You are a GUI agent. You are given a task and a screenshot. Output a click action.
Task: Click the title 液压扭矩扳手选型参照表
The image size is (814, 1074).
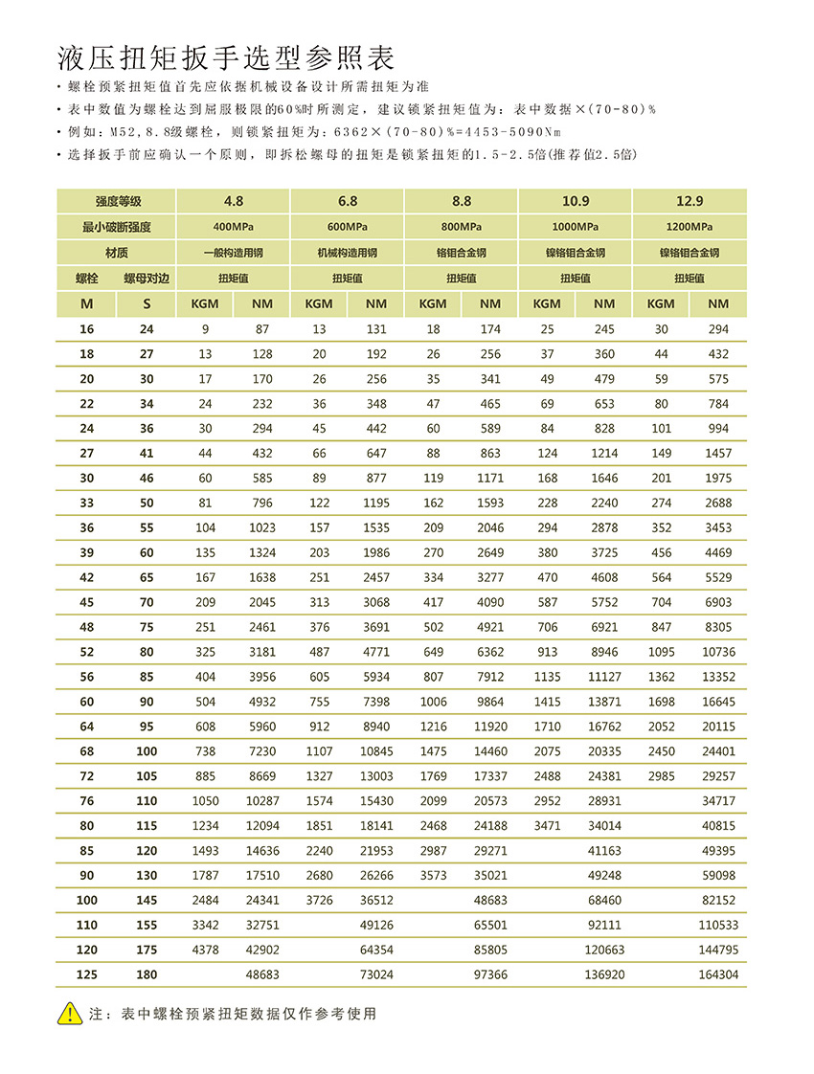pyautogui.click(x=226, y=58)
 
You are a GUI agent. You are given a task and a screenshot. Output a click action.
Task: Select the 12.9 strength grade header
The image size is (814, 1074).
pyautogui.click(x=690, y=201)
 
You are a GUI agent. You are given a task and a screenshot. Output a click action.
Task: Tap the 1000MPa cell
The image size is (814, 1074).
pyautogui.click(x=575, y=227)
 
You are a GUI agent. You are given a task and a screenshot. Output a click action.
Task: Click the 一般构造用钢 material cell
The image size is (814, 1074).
pyautogui.click(x=233, y=253)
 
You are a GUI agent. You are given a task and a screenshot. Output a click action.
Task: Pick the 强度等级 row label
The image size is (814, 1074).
pyautogui.click(x=117, y=201)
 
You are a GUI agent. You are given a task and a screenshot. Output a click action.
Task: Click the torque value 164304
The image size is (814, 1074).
pyautogui.click(x=719, y=974)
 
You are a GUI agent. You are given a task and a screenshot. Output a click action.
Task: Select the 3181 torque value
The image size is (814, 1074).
pyautogui.click(x=261, y=652)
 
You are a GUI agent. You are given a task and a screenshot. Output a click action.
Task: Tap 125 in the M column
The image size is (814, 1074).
pyautogui.click(x=87, y=974)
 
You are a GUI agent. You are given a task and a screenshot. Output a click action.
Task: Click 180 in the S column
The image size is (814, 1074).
pyautogui.click(x=147, y=974)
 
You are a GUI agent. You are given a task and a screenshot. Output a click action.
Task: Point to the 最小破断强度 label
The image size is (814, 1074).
pyautogui.click(x=117, y=227)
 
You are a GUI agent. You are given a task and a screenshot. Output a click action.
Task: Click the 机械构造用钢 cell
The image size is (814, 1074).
pyautogui.click(x=347, y=253)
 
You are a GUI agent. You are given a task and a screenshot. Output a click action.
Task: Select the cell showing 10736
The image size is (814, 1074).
pyautogui.click(x=719, y=652)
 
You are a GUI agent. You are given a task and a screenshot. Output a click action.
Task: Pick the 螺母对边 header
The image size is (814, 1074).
pyautogui.click(x=147, y=279)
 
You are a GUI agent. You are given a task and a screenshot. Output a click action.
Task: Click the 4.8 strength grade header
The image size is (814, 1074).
pyautogui.click(x=233, y=201)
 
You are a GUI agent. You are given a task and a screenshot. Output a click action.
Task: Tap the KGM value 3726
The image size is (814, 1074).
pyautogui.click(x=319, y=900)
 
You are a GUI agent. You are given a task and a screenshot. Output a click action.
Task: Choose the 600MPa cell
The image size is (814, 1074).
pyautogui.click(x=347, y=227)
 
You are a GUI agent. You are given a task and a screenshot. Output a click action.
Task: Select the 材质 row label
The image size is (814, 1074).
pyautogui.click(x=117, y=253)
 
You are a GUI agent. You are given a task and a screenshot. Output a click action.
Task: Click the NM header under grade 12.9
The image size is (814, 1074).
pyautogui.click(x=719, y=303)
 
